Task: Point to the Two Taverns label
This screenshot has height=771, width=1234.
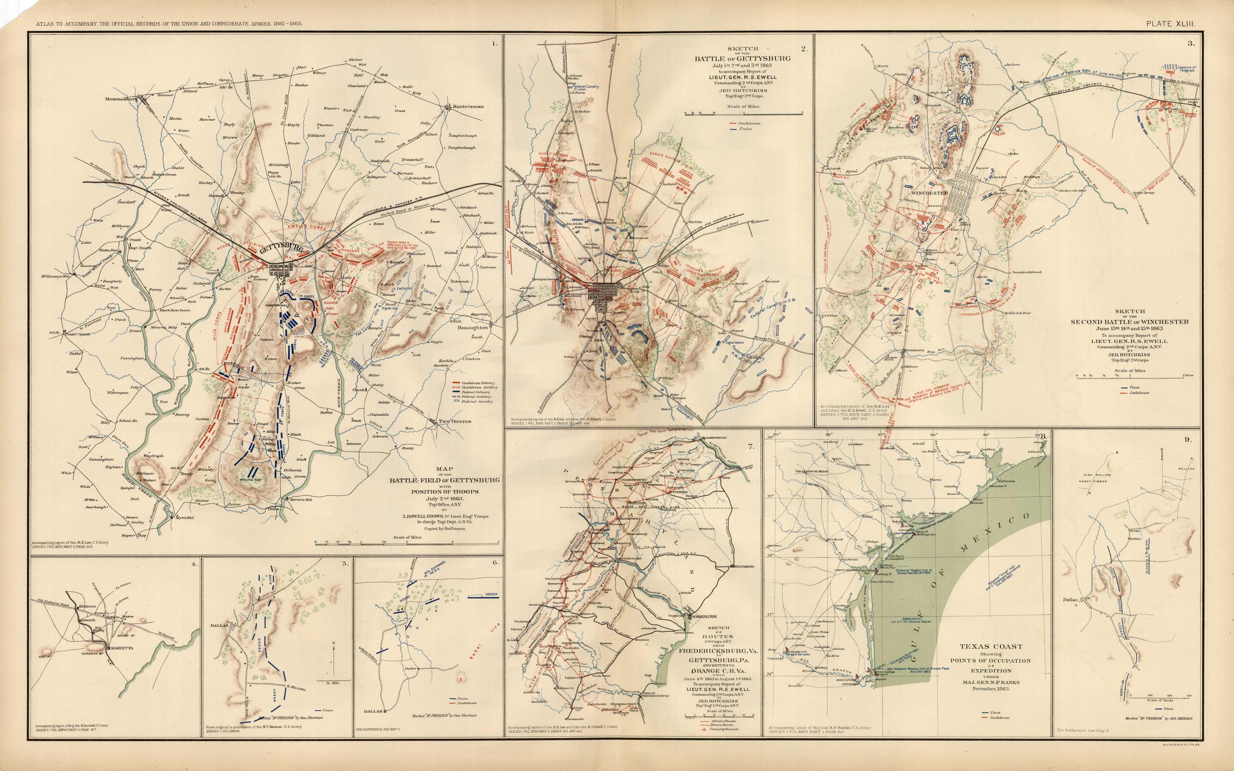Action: click(455, 421)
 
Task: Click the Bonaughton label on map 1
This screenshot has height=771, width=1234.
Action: click(472, 328)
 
